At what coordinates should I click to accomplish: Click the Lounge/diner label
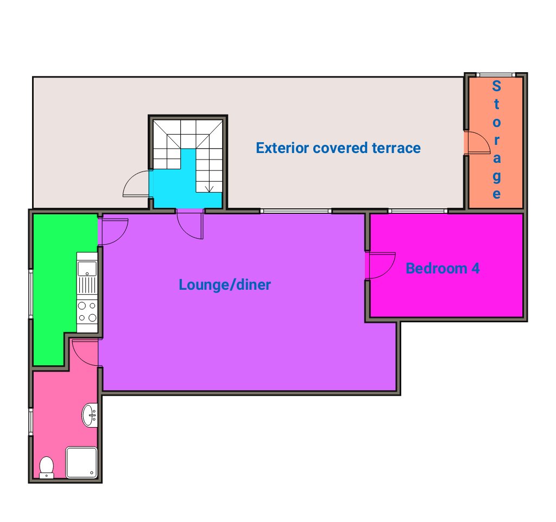pyautogui.click(x=225, y=285)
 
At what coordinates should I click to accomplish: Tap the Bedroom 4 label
pyautogui.click(x=443, y=268)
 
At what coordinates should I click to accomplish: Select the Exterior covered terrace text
pyautogui.click(x=338, y=148)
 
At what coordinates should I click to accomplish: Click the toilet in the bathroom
pyautogui.click(x=47, y=467)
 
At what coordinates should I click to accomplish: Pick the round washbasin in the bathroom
pyautogui.click(x=90, y=415)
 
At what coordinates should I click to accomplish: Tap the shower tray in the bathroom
pyautogui.click(x=81, y=462)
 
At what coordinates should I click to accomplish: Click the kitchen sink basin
pyautogui.click(x=87, y=268)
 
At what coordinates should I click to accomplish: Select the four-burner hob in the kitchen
pyautogui.click(x=87, y=311)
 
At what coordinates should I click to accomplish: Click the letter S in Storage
pyautogui.click(x=496, y=86)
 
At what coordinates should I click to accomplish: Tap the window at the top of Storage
pyautogui.click(x=495, y=75)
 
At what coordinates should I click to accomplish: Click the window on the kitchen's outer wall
pyautogui.click(x=31, y=294)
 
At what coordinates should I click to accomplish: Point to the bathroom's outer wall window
pyautogui.click(x=31, y=422)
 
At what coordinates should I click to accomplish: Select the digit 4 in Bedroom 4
pyautogui.click(x=475, y=268)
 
